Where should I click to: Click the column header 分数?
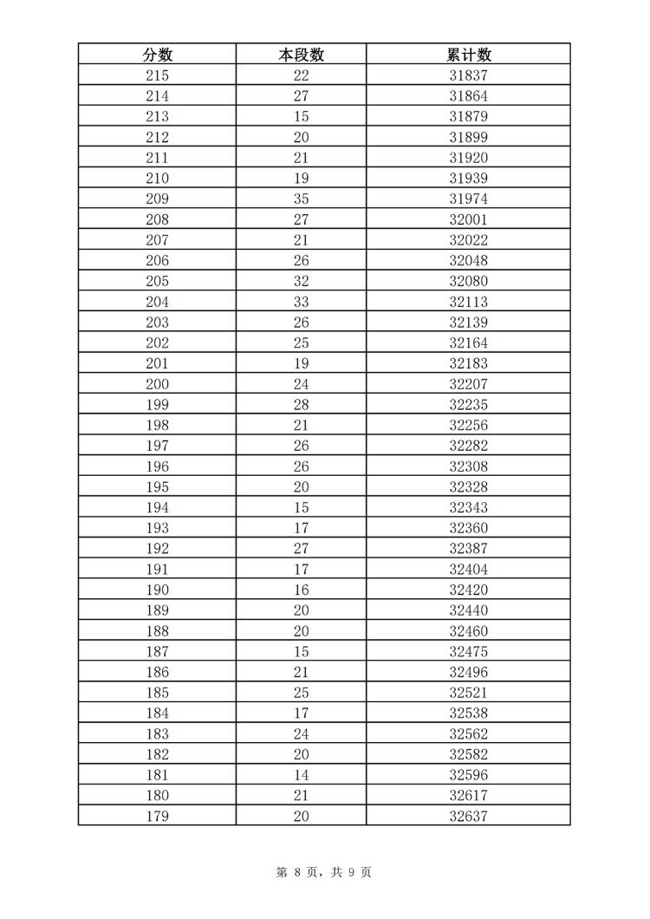tap(157, 55)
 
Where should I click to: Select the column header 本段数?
tap(301, 55)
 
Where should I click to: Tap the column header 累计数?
tap(468, 55)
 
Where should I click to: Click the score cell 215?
tap(157, 75)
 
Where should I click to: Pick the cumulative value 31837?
tap(468, 75)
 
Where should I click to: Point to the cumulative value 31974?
tap(468, 199)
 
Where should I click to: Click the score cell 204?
tap(157, 302)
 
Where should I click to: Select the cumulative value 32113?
tap(468, 302)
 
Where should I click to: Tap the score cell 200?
tap(157, 384)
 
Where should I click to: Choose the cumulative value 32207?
tap(468, 384)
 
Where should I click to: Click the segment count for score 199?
tap(301, 405)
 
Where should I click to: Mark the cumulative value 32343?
tap(468, 507)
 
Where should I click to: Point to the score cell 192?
tap(157, 549)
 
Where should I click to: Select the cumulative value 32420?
tap(468, 590)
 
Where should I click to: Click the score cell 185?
tap(157, 693)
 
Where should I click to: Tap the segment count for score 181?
tap(301, 775)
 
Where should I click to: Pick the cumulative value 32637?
tap(468, 816)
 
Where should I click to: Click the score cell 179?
tap(157, 816)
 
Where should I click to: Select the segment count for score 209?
tap(301, 199)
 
